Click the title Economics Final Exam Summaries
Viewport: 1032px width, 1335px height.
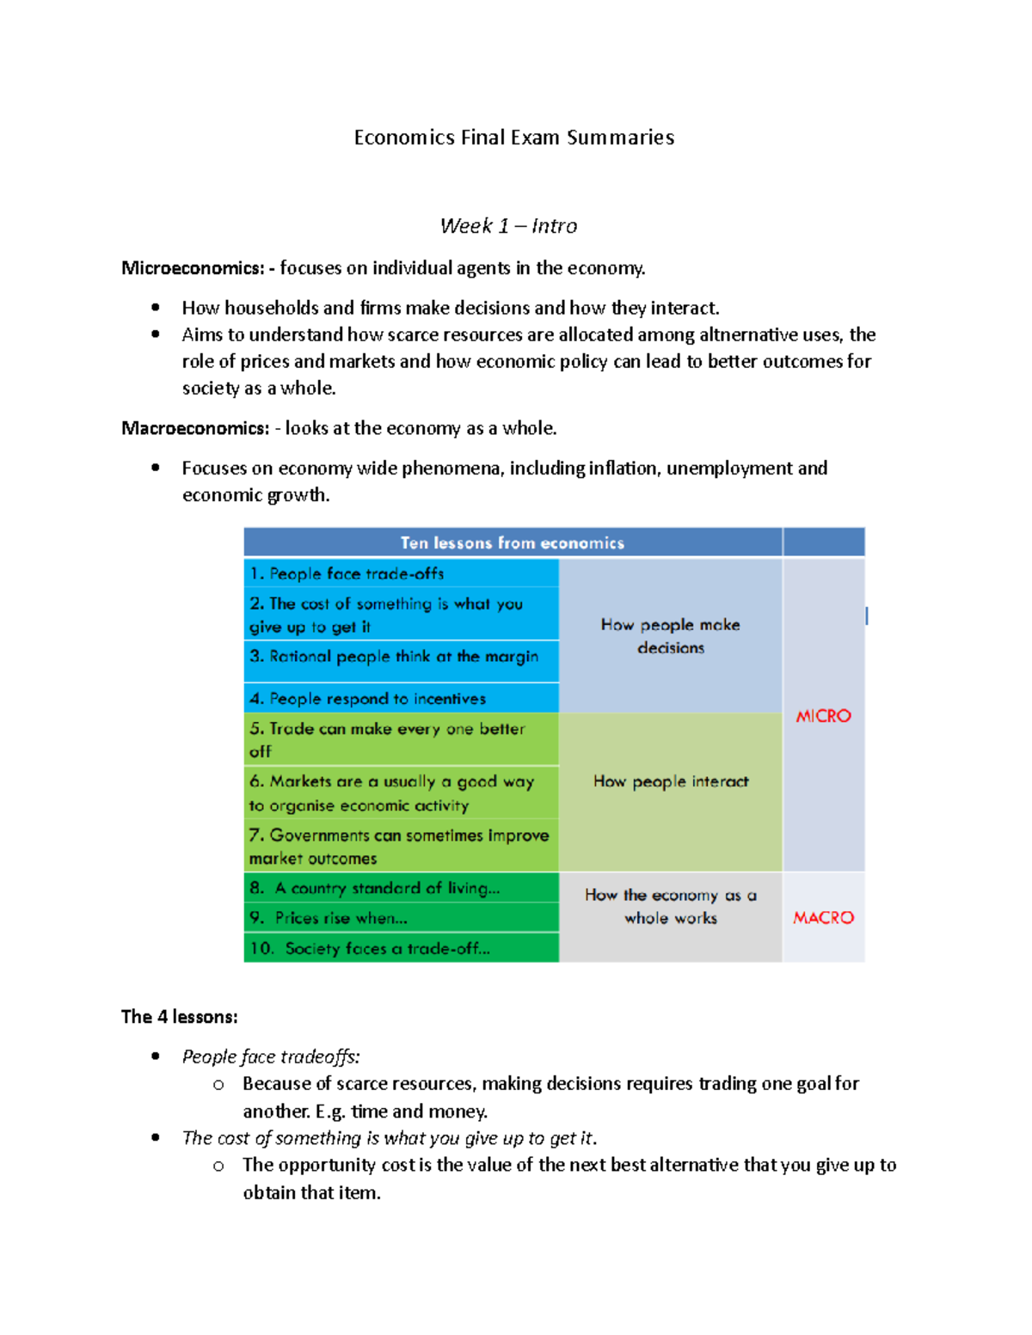[513, 138]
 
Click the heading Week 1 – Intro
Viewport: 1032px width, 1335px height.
[508, 226]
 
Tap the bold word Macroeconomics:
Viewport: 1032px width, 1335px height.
[195, 428]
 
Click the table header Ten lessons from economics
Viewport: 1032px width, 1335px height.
[513, 542]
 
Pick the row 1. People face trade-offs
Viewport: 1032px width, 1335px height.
[347, 573]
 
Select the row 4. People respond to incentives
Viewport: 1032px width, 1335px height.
[368, 699]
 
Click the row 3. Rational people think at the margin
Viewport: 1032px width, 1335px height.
[394, 657]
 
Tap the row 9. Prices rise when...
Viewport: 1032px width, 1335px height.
[329, 918]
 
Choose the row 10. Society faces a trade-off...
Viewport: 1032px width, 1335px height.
[370, 948]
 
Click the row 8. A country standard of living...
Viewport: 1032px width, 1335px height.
[374, 888]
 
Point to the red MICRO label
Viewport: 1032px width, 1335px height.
[823, 716]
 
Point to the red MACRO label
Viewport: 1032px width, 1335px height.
[823, 918]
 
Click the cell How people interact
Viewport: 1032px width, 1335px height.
[671, 781]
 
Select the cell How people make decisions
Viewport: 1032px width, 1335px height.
[671, 636]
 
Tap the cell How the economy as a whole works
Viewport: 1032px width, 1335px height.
[671, 906]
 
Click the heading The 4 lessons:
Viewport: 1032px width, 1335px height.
[179, 1017]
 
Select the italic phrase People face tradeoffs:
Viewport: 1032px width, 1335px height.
[271, 1056]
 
